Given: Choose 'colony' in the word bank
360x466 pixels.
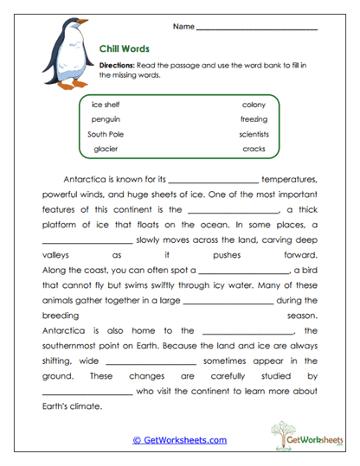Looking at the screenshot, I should (254, 104).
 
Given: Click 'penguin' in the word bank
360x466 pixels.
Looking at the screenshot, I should (106, 118).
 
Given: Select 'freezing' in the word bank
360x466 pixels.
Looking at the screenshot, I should (254, 118).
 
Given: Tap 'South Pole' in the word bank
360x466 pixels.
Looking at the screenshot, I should (106, 134).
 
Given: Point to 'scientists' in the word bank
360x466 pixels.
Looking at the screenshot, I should (254, 134).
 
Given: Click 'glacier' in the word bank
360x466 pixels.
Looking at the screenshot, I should (106, 149).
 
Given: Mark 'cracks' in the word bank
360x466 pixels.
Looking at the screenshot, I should (254, 149).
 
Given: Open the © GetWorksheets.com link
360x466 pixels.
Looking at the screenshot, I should (179, 440).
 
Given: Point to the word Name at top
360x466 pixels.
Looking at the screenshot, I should (182, 27).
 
